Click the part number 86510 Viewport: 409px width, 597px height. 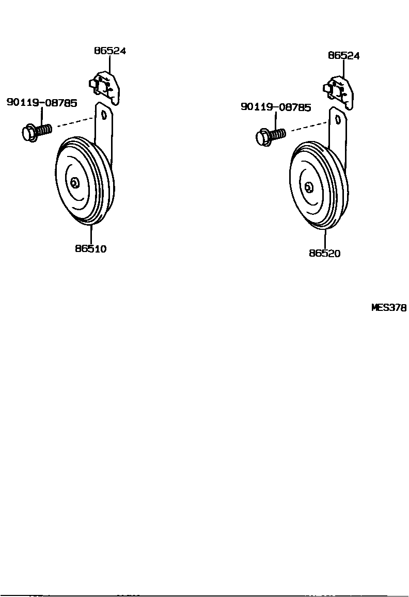click(90, 248)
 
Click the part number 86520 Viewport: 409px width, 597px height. click(325, 254)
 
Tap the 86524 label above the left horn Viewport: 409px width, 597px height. click(110, 51)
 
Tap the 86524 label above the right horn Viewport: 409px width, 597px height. click(343, 56)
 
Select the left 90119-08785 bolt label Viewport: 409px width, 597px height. click(42, 103)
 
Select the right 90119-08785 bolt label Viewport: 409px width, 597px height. click(276, 107)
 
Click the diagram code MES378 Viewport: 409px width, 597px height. click(389, 308)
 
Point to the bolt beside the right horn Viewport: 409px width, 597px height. click(270, 136)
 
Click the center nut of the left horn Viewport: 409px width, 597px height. click(75, 183)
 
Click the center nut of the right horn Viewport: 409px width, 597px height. click(309, 187)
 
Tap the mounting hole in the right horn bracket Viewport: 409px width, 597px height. click(338, 119)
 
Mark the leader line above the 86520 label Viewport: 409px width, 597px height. click(325, 239)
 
